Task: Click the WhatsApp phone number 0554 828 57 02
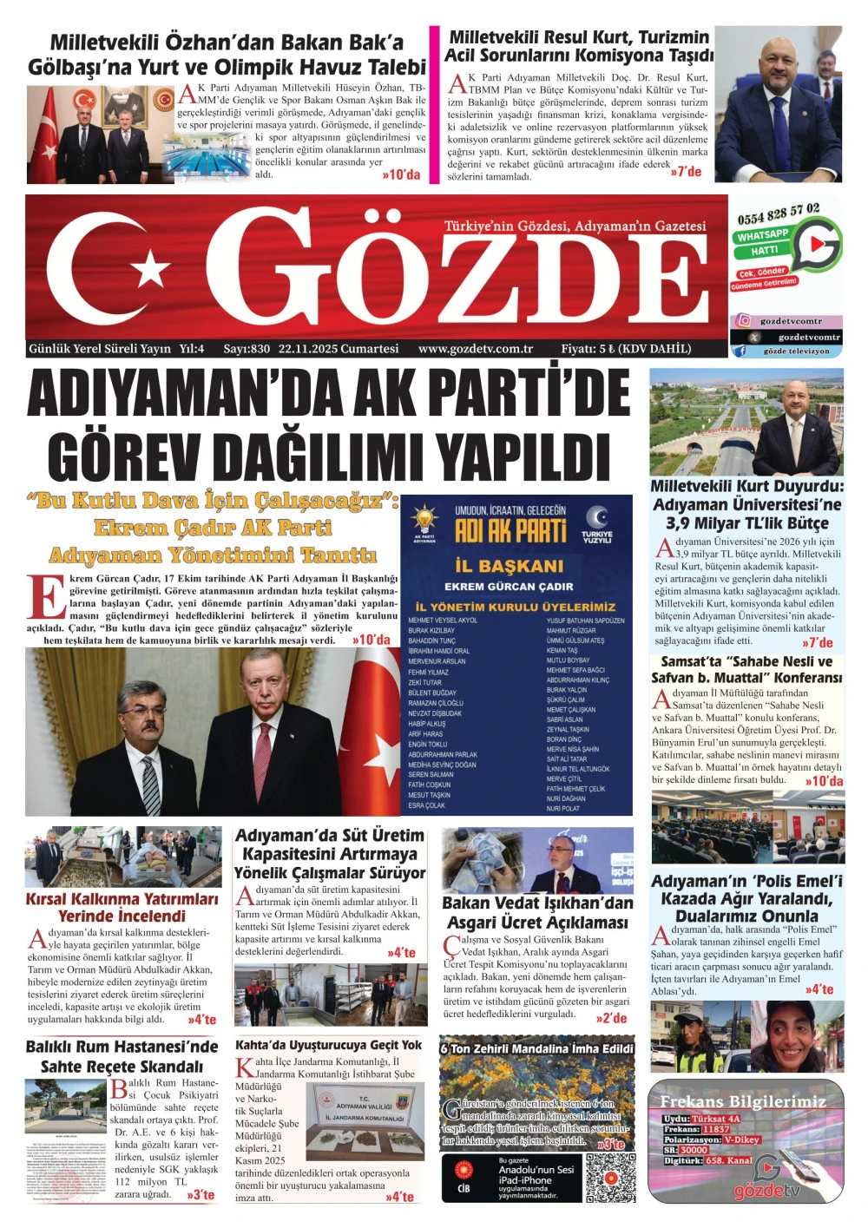point(778,213)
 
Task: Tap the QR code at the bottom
point(610,1179)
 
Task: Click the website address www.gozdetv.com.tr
point(476,349)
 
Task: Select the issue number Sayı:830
point(247,349)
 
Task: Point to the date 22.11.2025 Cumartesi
point(339,349)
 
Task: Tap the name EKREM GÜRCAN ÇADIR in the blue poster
point(515,587)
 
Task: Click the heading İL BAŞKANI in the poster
point(509,566)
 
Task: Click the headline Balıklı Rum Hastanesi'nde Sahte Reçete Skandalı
point(122,1056)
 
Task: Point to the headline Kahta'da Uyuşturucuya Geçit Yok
point(328,1045)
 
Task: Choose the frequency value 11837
point(716,1129)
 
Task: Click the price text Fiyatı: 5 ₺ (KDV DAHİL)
point(626,349)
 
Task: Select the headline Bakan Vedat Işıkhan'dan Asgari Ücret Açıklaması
point(537,912)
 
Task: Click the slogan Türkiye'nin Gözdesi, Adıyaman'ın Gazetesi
point(575,226)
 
